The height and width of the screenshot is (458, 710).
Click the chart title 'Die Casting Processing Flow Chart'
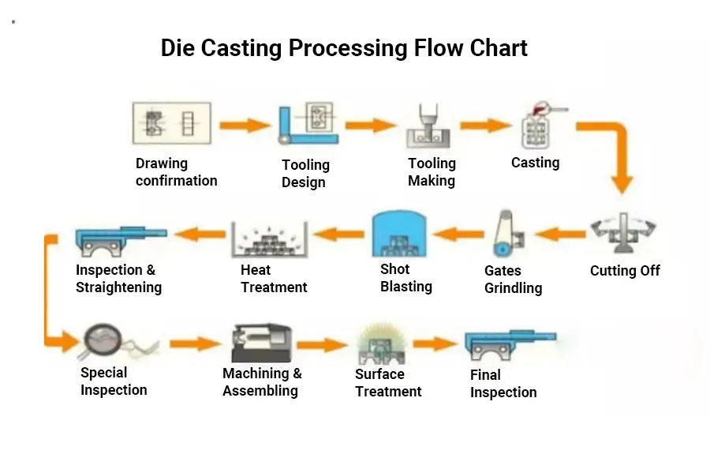[344, 48]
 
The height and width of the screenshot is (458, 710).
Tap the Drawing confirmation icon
[172, 123]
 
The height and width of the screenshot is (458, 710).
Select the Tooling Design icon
[308, 123]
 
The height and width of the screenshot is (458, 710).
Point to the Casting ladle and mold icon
[541, 126]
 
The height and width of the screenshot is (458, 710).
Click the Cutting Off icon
[623, 233]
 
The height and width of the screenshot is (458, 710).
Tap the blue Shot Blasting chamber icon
[399, 234]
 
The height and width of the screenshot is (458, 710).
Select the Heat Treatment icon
[270, 239]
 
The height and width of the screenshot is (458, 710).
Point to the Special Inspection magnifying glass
[103, 341]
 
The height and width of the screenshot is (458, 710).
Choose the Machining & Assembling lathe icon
[261, 343]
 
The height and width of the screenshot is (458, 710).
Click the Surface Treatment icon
[381, 344]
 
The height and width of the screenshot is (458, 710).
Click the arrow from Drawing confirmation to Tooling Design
[245, 125]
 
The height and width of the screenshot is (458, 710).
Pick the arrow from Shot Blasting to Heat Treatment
[338, 234]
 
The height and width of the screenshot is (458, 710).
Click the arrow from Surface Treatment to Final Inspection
[435, 343]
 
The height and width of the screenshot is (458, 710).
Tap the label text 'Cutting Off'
[625, 271]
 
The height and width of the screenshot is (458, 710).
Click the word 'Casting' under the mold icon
[535, 163]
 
